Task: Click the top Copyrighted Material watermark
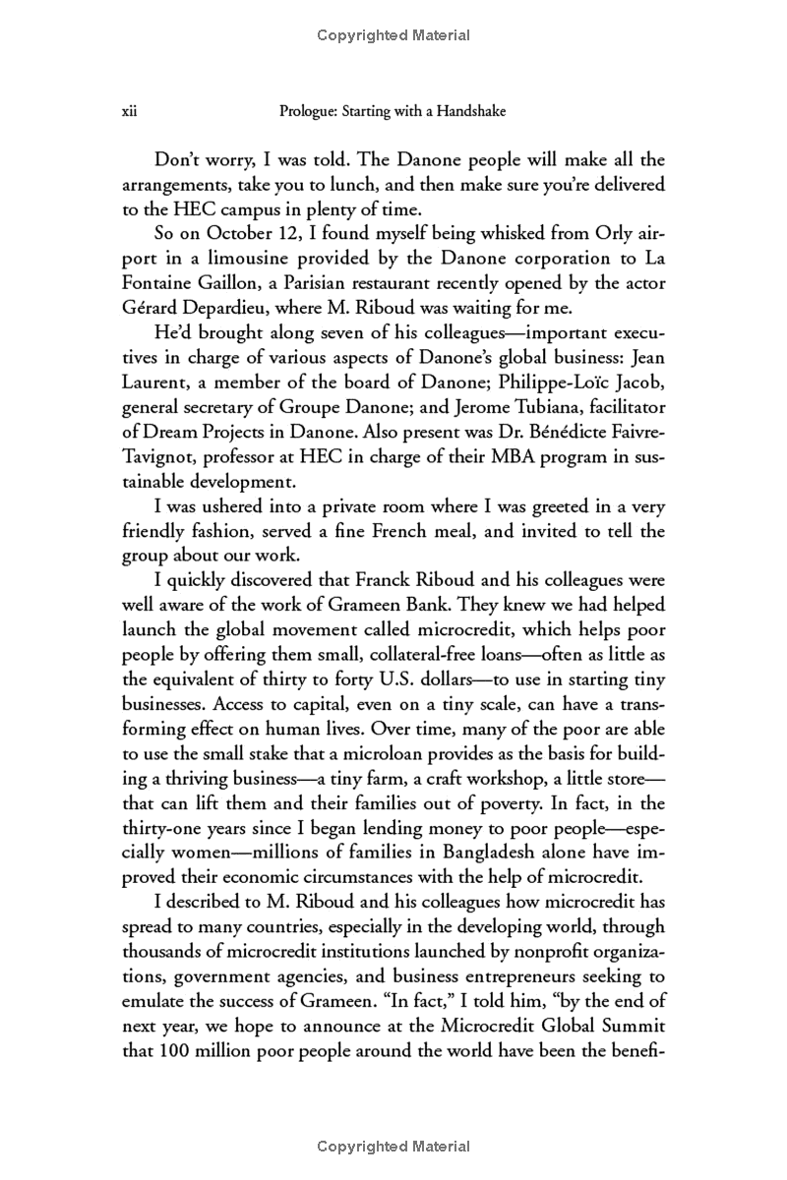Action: coord(393,36)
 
